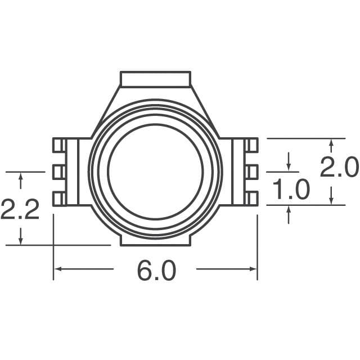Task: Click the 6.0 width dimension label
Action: [156, 272]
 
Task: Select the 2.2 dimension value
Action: [20, 209]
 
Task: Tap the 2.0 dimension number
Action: [339, 168]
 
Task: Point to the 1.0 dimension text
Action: [290, 190]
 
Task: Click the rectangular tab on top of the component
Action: [156, 79]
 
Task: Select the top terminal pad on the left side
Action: [59, 145]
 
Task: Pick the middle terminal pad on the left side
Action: [59, 171]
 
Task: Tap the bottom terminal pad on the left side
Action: [59, 198]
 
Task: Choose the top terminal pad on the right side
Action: [251, 145]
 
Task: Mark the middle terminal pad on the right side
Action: [251, 171]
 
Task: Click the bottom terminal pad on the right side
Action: [251, 198]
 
